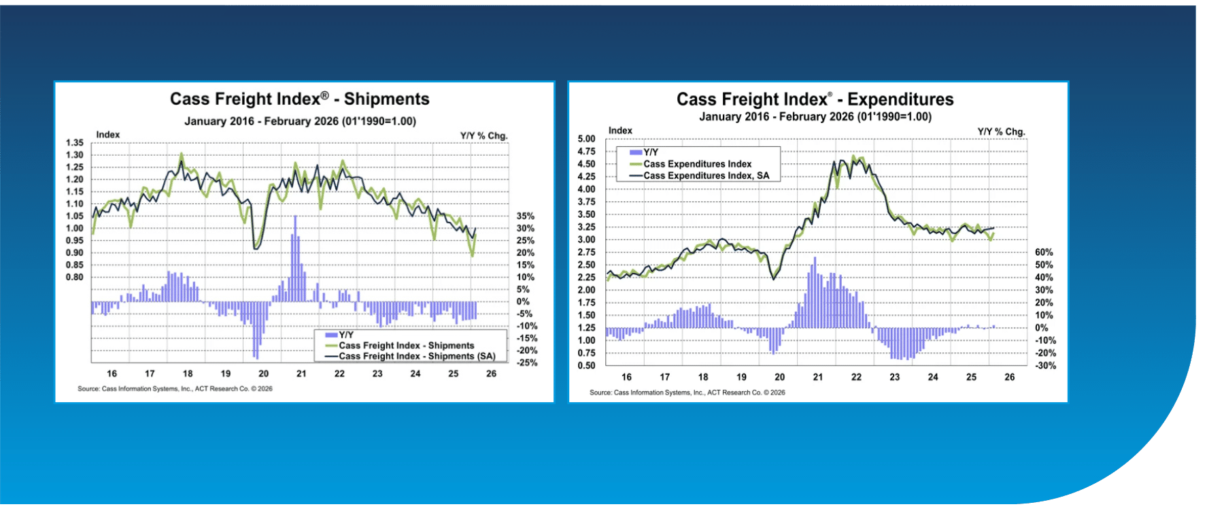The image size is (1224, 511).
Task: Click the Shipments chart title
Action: point(299,99)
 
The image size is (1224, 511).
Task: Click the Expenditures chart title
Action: point(815,99)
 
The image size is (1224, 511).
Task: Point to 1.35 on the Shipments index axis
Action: point(75,143)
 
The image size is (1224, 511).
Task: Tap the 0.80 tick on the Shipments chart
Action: point(75,277)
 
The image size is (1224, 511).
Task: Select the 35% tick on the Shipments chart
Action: point(525,216)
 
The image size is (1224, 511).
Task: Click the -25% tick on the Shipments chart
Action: point(526,363)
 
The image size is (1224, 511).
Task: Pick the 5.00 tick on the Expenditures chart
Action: point(586,139)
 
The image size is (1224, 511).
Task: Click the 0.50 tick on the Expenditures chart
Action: point(586,365)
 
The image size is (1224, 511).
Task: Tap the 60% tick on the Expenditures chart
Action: point(1044,252)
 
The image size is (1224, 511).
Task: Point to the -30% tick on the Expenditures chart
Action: point(1045,365)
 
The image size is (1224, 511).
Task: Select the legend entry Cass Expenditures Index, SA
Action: point(706,176)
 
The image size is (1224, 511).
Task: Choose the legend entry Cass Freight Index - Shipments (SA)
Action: point(417,356)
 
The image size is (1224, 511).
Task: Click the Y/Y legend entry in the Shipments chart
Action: point(345,335)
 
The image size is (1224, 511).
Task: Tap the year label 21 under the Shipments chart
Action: point(301,374)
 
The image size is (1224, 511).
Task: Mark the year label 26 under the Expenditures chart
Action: point(1009,377)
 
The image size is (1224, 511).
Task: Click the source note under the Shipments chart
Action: point(175,389)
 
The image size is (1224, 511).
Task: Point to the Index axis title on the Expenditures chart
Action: point(620,131)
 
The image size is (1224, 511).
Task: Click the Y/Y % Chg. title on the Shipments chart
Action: point(483,135)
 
